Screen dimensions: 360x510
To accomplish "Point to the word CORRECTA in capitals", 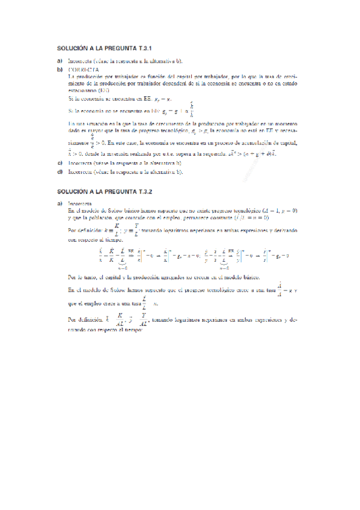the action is [x=84, y=69].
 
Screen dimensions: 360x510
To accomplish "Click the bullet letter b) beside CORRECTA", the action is [x=59, y=69].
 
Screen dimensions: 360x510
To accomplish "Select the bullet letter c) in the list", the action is [x=59, y=163].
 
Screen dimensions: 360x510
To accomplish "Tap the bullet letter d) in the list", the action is [x=59, y=171].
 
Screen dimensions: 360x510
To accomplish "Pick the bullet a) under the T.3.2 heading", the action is [x=59, y=203].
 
